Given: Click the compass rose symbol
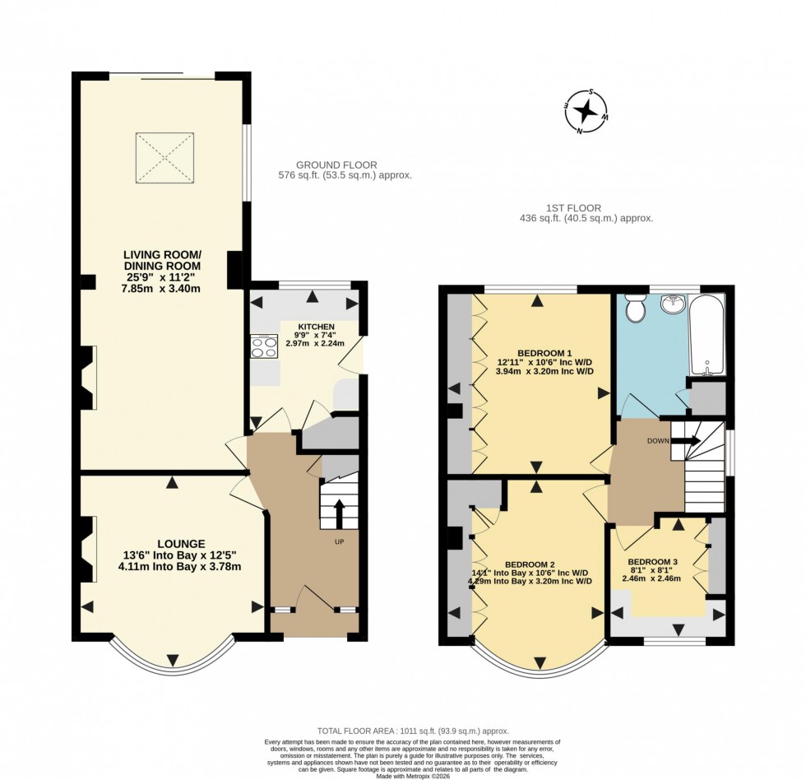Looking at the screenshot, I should (x=586, y=111).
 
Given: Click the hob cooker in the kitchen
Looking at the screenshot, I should (x=264, y=346).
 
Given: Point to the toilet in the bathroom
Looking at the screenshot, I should (x=635, y=309).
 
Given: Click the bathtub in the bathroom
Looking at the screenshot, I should (x=707, y=335).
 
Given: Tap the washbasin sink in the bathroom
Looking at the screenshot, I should (x=674, y=302).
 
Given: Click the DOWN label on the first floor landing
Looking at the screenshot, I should (x=658, y=441).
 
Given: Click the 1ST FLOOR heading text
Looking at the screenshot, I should (x=573, y=208).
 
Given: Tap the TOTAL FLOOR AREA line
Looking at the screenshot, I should (x=413, y=731).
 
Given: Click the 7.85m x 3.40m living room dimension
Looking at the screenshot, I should (x=163, y=288).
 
